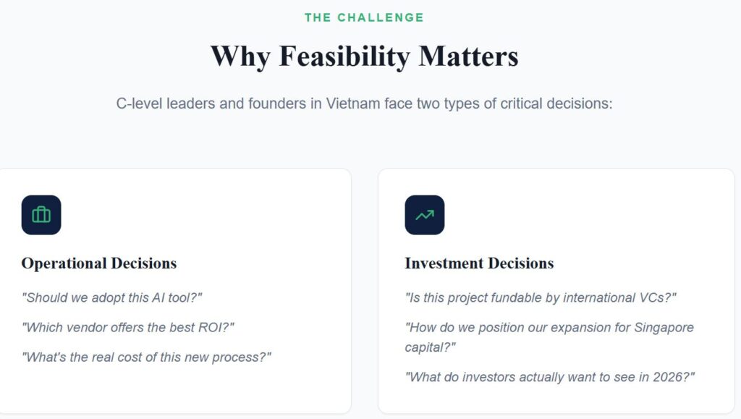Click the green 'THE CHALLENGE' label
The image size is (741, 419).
(364, 17)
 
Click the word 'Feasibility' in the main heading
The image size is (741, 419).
(344, 57)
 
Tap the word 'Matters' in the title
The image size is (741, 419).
(468, 56)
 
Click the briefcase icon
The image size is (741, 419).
(41, 215)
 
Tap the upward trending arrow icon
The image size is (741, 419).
(424, 215)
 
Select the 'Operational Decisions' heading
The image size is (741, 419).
(98, 263)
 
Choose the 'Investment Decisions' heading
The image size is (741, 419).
(479, 263)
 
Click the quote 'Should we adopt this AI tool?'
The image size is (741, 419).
(111, 297)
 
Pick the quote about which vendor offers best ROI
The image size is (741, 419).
(127, 327)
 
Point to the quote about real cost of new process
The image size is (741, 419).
(146, 357)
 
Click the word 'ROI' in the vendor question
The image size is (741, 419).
(211, 327)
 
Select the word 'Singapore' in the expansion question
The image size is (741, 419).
(664, 328)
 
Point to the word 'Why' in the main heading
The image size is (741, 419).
(240, 57)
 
